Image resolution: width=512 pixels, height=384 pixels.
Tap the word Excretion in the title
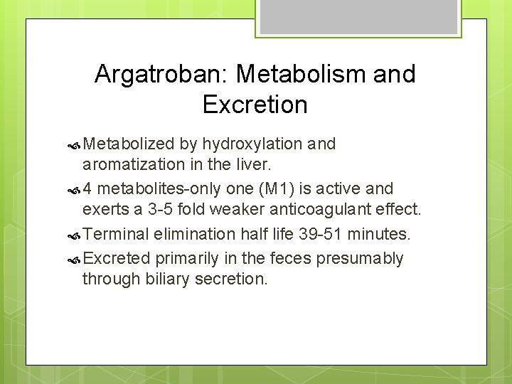click(255, 105)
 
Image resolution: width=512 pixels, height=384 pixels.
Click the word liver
click(252, 166)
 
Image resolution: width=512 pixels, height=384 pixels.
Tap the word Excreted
click(116, 258)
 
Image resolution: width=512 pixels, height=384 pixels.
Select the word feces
click(291, 258)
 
